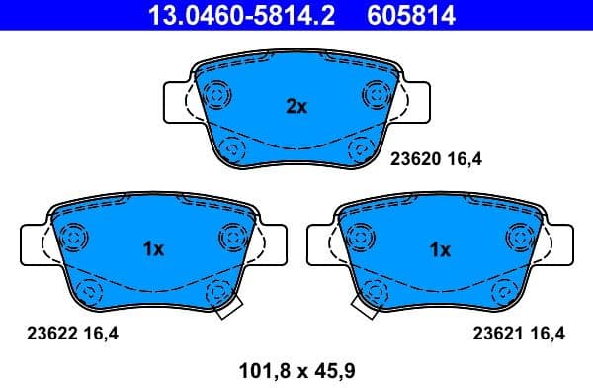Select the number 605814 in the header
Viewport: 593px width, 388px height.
click(x=398, y=17)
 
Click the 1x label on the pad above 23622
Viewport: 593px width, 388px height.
click(x=152, y=249)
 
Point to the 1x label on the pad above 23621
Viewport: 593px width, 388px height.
click(x=440, y=249)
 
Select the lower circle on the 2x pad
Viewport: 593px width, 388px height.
click(x=233, y=149)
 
